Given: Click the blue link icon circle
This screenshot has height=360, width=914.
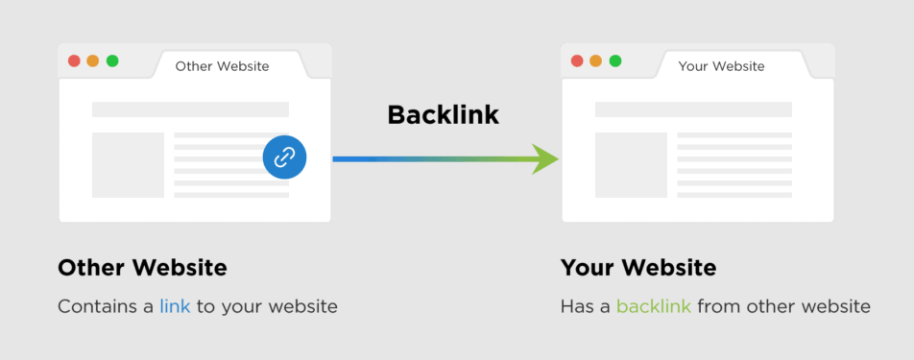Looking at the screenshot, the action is click(284, 157).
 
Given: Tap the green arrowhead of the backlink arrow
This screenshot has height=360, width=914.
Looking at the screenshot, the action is click(545, 158).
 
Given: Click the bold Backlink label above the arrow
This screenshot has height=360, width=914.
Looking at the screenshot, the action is click(443, 115).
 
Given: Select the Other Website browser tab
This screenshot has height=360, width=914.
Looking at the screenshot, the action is click(222, 66).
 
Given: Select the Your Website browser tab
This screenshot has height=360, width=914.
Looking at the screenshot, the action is click(721, 66).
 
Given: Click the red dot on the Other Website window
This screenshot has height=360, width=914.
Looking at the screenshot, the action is click(74, 60).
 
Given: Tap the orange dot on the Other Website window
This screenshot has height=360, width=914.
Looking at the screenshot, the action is click(93, 60).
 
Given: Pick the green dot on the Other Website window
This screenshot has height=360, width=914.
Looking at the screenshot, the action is click(112, 60).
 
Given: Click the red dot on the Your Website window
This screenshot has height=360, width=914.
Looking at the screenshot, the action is click(577, 60).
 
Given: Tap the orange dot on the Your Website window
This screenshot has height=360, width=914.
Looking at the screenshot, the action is click(596, 60).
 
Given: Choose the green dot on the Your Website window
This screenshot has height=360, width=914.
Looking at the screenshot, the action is click(615, 60).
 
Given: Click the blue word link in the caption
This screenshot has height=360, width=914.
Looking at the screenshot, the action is click(175, 307).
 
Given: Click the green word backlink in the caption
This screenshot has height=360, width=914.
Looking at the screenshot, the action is click(653, 307).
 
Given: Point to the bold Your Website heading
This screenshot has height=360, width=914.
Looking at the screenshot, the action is click(638, 267).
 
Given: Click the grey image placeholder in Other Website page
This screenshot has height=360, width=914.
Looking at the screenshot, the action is click(128, 165).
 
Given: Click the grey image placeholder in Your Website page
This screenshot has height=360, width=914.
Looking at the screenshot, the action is click(631, 165).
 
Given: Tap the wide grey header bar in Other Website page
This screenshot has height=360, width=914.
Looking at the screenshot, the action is click(190, 109).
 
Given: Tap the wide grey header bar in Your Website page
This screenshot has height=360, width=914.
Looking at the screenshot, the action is click(693, 109).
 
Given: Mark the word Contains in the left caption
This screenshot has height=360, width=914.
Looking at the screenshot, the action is click(94, 307).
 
